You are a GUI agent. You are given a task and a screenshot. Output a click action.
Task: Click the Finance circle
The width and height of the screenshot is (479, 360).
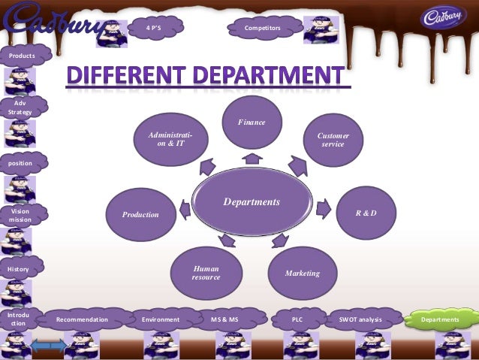pos(252,123)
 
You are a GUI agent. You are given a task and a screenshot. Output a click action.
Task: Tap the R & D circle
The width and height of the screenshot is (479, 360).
pos(366,213)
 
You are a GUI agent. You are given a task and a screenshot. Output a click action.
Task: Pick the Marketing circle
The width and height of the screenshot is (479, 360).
pos(302,273)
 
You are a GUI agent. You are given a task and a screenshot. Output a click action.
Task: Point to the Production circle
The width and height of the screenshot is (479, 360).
pos(141,215)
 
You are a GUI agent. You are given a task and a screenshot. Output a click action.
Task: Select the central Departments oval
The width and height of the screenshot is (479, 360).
pos(251,202)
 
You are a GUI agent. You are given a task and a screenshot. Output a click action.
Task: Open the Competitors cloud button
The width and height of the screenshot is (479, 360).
pos(262,28)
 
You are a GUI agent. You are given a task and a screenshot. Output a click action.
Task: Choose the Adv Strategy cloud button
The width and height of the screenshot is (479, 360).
pos(20,107)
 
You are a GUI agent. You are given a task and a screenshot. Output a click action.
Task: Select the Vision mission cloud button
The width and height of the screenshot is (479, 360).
pos(20,216)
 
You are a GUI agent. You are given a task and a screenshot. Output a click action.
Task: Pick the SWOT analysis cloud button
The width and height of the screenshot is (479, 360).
pos(360,319)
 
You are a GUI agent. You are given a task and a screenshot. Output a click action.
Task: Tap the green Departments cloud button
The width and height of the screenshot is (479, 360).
pos(440,319)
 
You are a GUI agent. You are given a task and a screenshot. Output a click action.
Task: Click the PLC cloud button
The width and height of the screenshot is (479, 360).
pos(297,319)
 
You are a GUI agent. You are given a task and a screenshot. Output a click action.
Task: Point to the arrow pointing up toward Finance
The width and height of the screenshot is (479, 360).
pos(252,159)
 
